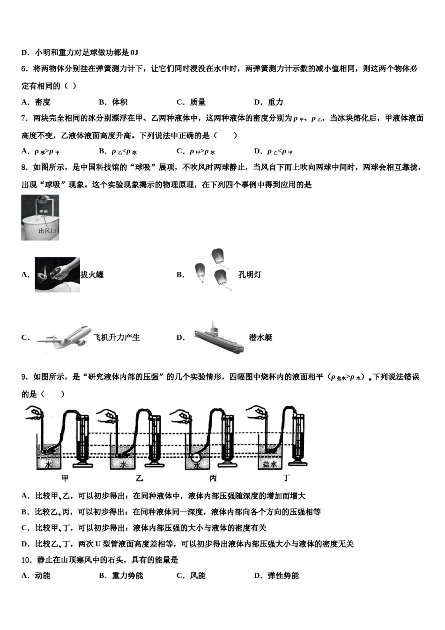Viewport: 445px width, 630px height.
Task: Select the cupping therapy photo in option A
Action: pos(57,275)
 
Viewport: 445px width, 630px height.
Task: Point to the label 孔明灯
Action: pos(250,275)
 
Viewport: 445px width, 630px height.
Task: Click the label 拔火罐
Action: pos(92,275)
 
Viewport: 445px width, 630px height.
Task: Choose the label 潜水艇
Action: pos(260,337)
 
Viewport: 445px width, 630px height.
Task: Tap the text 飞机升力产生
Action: pos(117,337)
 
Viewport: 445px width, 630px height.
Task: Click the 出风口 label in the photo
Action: pos(47,231)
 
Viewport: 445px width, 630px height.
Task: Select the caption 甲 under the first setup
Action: pos(65,478)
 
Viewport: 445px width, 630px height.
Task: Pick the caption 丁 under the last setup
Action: pos(287,478)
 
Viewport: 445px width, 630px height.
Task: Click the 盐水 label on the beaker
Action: pos(269,464)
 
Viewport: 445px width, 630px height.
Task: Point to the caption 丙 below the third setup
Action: pos(213,478)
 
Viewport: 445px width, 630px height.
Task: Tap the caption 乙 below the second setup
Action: pos(139,478)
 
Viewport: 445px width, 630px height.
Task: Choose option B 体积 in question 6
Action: pos(113,102)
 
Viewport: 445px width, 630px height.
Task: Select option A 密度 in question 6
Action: pos(36,102)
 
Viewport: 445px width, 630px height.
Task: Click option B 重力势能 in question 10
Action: pos(121,576)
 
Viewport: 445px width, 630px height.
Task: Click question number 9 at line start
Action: pos(24,377)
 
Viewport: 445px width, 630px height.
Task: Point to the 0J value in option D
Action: pos(134,52)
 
